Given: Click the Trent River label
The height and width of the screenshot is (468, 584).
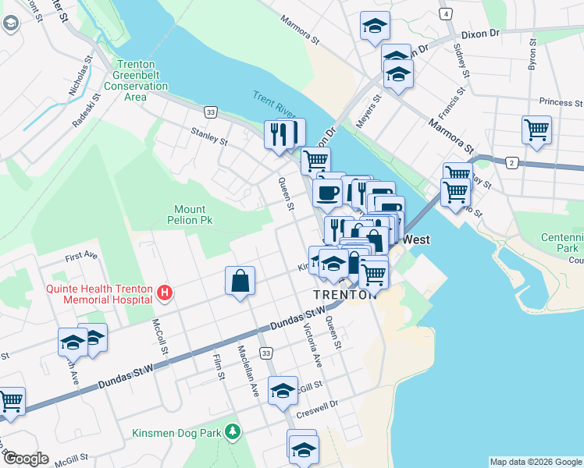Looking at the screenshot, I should tap(274, 106).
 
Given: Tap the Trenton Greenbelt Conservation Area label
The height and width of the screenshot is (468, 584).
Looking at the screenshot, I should tap(141, 81).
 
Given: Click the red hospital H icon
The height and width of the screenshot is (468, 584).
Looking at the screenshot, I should tap(164, 293).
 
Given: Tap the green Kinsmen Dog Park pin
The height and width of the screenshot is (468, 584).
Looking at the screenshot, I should tap(232, 431).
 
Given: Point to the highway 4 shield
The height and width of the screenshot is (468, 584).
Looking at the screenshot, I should tap(445, 14).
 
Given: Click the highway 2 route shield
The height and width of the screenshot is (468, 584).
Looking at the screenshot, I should tap(511, 162).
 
